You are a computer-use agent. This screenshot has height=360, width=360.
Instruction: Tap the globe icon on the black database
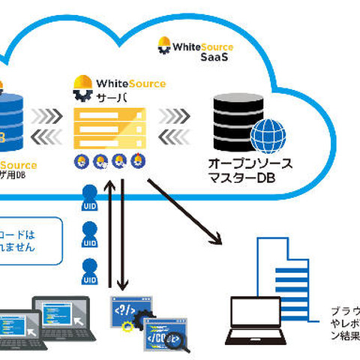point(268,136)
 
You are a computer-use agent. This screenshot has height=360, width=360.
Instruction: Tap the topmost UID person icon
point(89,196)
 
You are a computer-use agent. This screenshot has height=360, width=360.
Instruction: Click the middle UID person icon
point(89,232)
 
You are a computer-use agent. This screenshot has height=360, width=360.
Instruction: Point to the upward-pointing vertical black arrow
point(112,232)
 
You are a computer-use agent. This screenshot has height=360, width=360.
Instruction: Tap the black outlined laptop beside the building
point(255,319)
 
